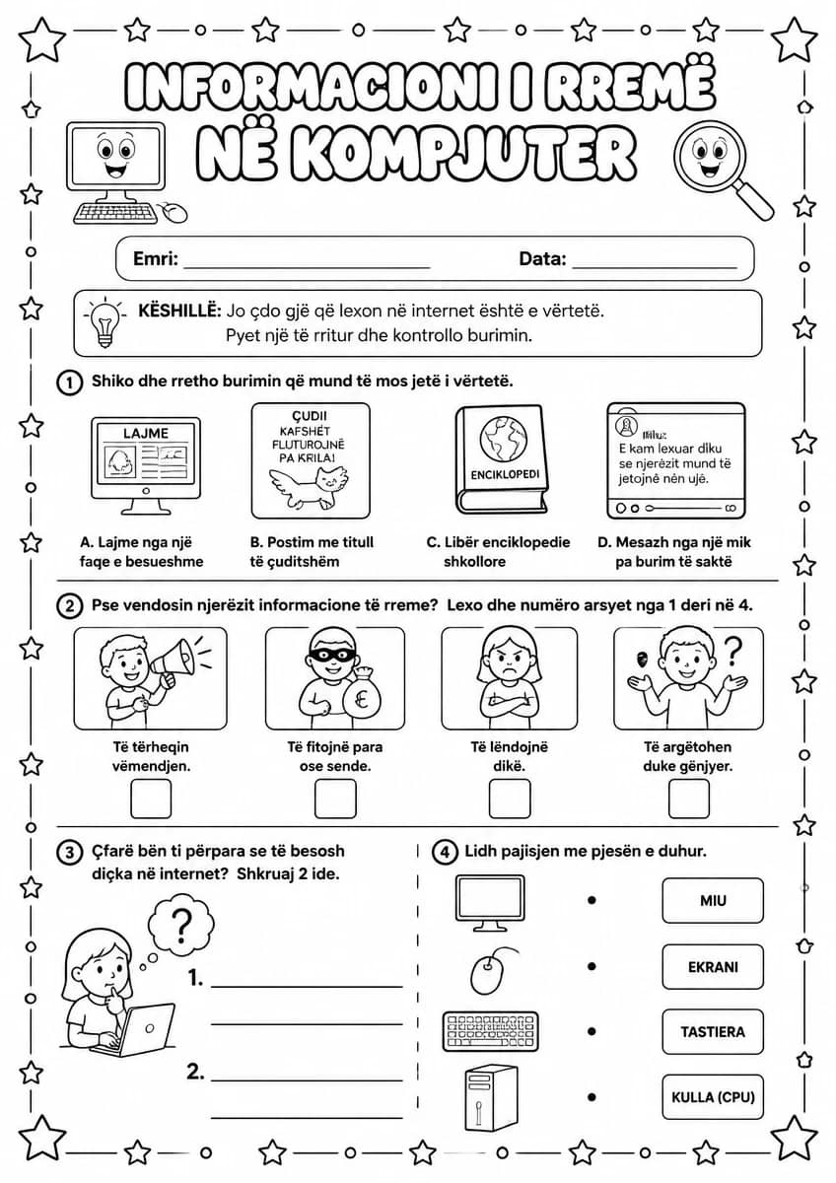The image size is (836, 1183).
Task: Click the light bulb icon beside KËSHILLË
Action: pyautogui.click(x=105, y=321)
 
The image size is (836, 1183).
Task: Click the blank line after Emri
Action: pyautogui.click(x=307, y=268)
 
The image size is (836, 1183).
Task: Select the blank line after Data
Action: pyautogui.click(x=655, y=268)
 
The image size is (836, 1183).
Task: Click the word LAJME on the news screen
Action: pyautogui.click(x=146, y=434)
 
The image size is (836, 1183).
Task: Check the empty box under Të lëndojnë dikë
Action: pyautogui.click(x=510, y=799)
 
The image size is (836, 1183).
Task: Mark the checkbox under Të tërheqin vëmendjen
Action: pyautogui.click(x=151, y=799)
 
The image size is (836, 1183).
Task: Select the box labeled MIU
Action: pyautogui.click(x=713, y=900)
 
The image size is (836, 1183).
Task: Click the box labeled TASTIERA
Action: pyautogui.click(x=713, y=1031)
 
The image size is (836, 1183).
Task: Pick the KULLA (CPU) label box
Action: pyautogui.click(x=713, y=1097)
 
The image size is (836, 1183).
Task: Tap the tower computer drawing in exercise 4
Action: pyautogui.click(x=491, y=1097)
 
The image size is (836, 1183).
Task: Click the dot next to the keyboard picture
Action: pyautogui.click(x=592, y=1031)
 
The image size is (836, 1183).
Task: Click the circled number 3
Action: pyautogui.click(x=69, y=853)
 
